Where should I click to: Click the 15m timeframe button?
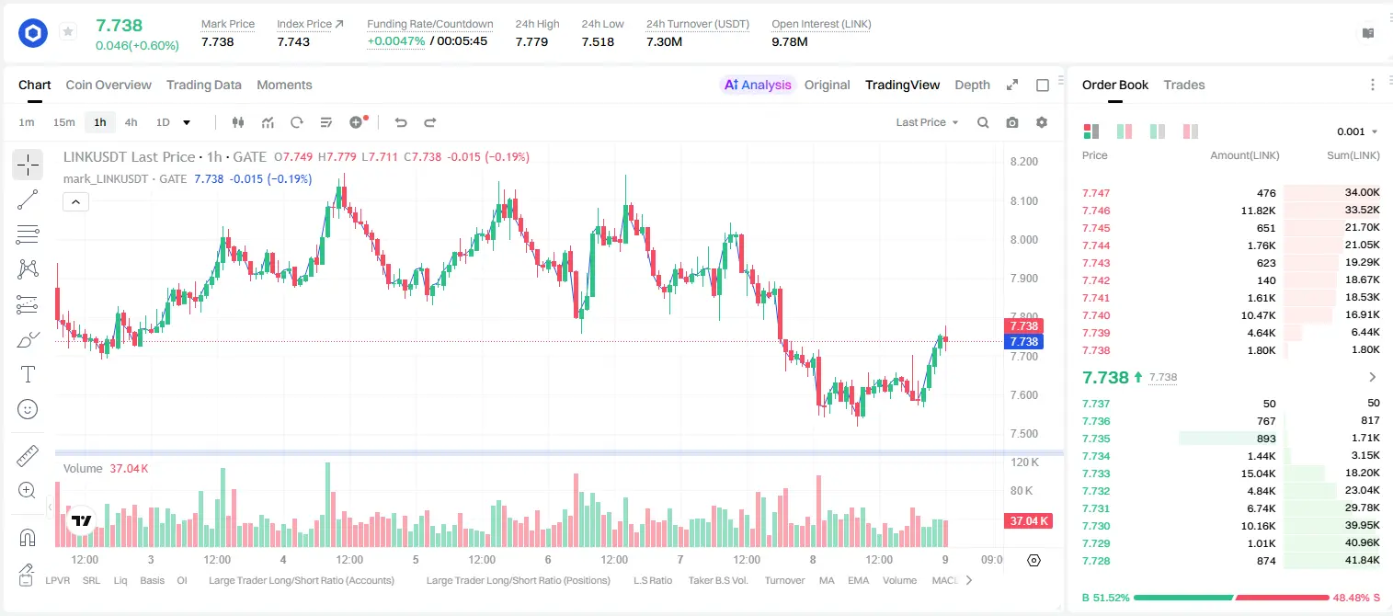pos(64,122)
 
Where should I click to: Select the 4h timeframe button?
pos(131,122)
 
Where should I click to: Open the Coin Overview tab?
pos(108,85)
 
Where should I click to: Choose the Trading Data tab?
pos(204,85)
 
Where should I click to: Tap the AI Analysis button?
pos(758,85)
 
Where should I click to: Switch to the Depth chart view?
pos(972,85)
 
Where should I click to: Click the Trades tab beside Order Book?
pos(1184,85)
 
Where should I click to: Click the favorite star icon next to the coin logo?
pos(68,31)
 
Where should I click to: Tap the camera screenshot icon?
pos(1012,122)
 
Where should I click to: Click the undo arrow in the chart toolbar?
pos(401,122)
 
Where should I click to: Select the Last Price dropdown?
pos(927,122)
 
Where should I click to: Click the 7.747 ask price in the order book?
pos(1096,193)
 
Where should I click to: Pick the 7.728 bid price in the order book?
pos(1096,561)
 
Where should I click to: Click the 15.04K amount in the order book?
pos(1258,473)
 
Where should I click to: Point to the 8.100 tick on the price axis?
pos(1024,201)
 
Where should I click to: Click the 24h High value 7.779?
pos(531,41)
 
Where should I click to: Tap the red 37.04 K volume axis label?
pos(1029,521)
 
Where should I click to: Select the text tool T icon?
pos(28,374)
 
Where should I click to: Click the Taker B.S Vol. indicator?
pos(717,580)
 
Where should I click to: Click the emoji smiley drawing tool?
pos(28,409)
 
